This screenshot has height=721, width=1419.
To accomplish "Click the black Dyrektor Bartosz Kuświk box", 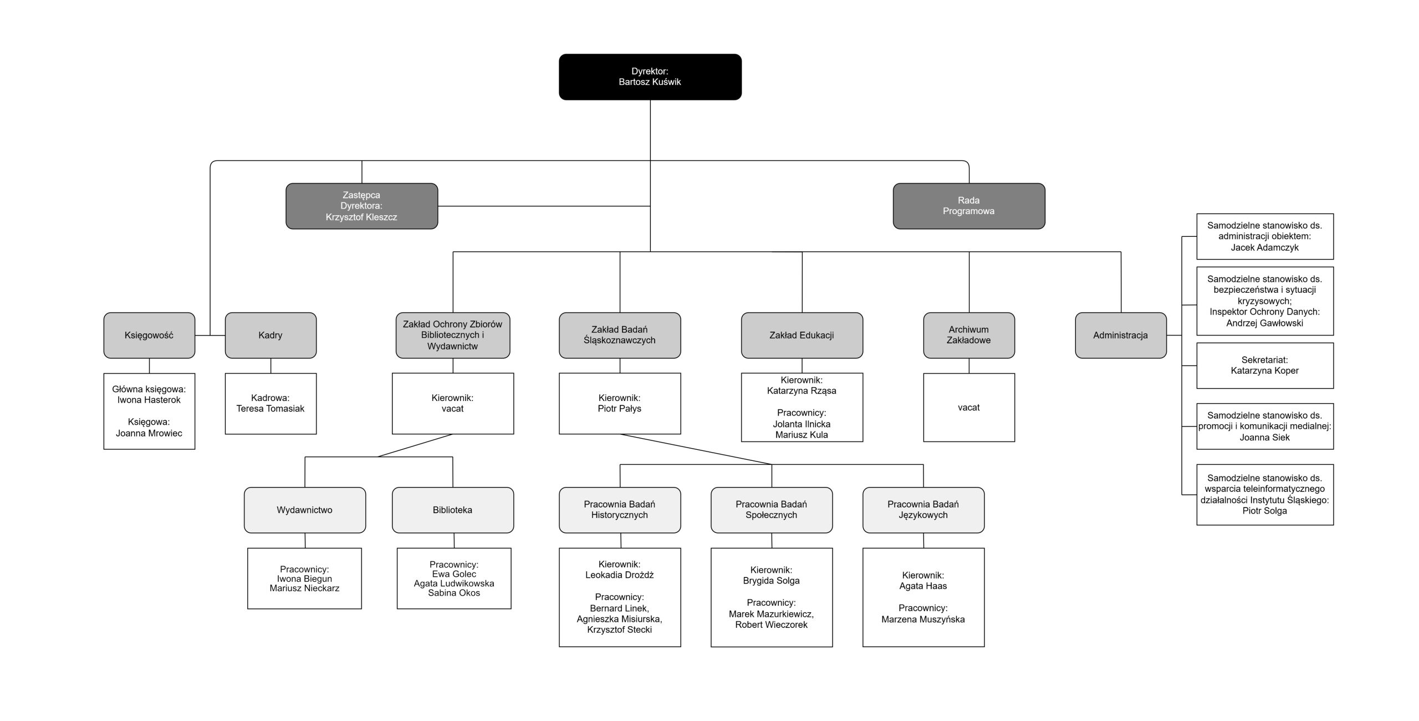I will pos(650,77).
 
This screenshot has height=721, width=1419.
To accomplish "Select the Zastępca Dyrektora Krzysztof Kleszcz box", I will pos(361,206).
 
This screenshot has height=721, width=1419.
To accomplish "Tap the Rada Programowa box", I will pos(968,206).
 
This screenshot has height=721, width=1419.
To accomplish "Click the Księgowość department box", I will pos(149,335).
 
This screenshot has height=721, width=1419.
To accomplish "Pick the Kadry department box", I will pos(270,335).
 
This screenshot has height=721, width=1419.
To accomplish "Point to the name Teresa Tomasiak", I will pos(270,409).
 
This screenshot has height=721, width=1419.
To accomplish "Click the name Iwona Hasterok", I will pos(149,400).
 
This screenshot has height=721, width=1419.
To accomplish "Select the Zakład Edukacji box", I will pos(802,335).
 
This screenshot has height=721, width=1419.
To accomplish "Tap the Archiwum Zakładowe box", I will pos(968,335).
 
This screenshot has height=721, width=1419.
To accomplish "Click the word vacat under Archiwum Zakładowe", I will pos(968,408).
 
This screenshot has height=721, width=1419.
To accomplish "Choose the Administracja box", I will pos(1120,335).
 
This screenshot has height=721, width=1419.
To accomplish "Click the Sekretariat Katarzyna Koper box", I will pos(1264,365).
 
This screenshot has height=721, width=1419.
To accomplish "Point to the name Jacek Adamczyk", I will pos(1264,248).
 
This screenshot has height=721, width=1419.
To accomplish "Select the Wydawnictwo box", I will pos(304,510).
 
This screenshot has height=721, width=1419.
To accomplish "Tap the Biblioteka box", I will pos(452,510).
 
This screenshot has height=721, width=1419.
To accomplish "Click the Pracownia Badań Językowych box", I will pos(923,510).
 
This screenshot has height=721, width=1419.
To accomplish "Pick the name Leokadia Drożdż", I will pos(619,575).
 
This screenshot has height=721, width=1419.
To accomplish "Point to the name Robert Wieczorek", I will pos(771,625).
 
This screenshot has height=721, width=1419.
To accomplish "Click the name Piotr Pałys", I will pos(619,409).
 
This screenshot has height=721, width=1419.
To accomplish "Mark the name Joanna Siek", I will pos(1264,438).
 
